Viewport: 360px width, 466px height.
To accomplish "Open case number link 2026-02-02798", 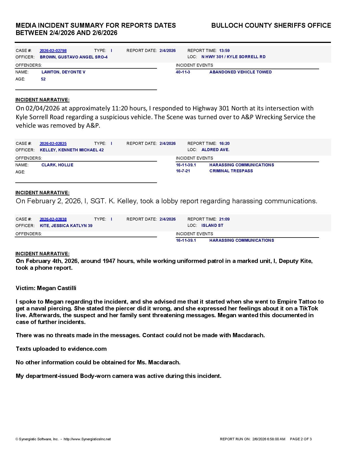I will (x=53, y=51).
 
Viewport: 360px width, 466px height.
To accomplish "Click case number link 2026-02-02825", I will (x=53, y=143).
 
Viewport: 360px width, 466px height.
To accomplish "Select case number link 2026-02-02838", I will (x=53, y=219).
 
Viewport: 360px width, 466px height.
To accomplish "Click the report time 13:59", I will (x=224, y=51).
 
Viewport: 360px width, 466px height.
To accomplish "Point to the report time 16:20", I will (x=224, y=143).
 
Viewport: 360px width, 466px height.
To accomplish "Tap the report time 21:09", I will (x=224, y=219).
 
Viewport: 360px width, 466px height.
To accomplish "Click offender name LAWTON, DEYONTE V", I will (x=63, y=72).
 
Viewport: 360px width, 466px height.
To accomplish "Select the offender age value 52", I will (x=43, y=79).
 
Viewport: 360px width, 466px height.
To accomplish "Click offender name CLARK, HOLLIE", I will (x=57, y=165).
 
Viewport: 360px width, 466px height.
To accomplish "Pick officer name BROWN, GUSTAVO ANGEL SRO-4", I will (x=74, y=57).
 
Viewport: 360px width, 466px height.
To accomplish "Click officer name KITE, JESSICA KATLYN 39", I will (x=66, y=226).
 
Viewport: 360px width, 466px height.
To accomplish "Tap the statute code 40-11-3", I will (x=183, y=72).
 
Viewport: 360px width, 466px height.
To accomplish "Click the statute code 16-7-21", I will (x=183, y=171).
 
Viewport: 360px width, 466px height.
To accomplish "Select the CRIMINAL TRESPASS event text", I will (x=231, y=171).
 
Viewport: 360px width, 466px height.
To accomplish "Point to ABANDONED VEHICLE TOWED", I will (x=241, y=72).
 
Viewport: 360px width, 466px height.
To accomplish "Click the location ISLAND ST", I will (x=212, y=225).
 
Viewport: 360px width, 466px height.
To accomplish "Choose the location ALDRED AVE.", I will (x=215, y=150).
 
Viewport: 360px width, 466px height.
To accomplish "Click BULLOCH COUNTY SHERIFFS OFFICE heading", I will (x=271, y=25).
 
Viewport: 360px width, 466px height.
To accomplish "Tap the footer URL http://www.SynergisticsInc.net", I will (x=87, y=439).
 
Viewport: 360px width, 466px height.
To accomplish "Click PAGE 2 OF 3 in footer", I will (x=301, y=439).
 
